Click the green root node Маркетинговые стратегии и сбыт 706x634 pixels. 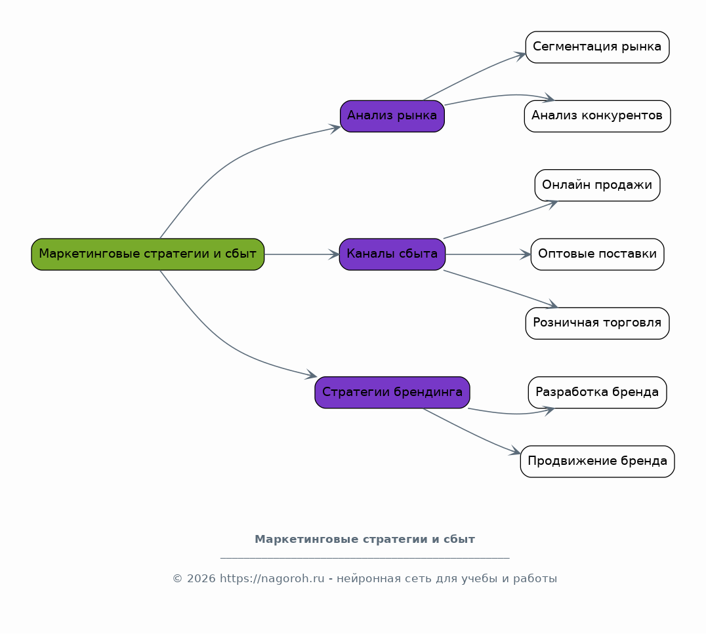(148, 254)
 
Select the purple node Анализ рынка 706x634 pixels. (392, 116)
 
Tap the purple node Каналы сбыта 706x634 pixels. (392, 254)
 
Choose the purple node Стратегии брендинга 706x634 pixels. (392, 392)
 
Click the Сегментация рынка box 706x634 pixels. (597, 47)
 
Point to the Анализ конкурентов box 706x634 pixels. (597, 116)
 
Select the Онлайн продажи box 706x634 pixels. (597, 186)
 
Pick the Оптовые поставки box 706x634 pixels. (597, 254)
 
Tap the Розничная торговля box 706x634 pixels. (597, 323)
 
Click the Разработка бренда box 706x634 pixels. (597, 392)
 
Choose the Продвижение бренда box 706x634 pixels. (597, 462)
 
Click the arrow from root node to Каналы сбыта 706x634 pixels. (302, 254)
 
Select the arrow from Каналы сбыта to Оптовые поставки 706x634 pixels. (488, 254)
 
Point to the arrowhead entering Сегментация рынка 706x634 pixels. (521, 55)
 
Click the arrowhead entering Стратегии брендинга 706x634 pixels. (312, 375)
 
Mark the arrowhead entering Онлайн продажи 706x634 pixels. (552, 204)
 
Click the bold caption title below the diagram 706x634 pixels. (365, 539)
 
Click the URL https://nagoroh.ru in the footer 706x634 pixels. (272, 578)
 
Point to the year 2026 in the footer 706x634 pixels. (201, 578)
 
